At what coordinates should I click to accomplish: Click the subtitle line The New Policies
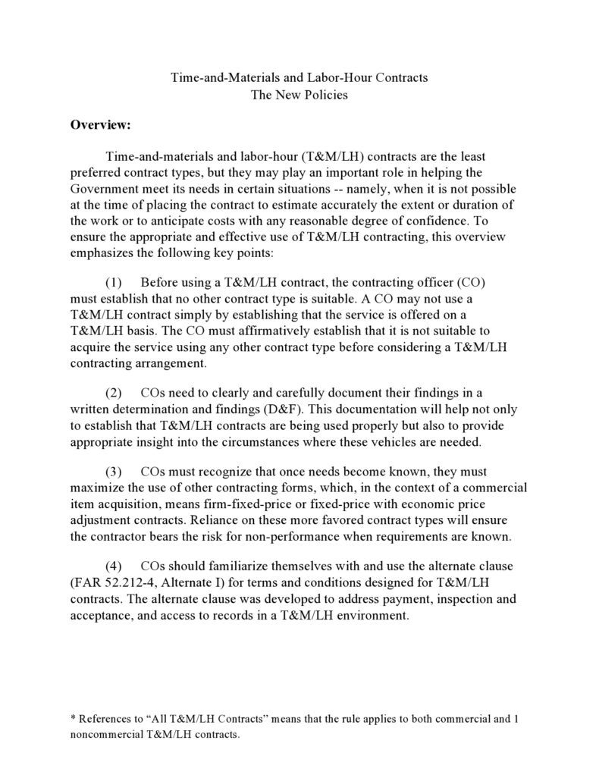tap(299, 96)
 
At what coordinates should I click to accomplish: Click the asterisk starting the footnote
tap(72, 717)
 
